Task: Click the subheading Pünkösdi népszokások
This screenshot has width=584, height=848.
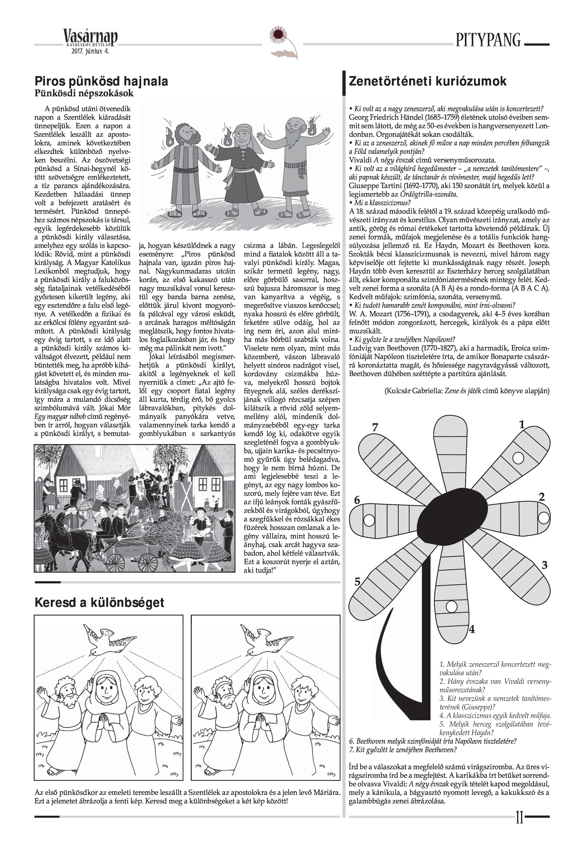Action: (x=84, y=94)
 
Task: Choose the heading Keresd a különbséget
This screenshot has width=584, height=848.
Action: (x=99, y=602)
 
